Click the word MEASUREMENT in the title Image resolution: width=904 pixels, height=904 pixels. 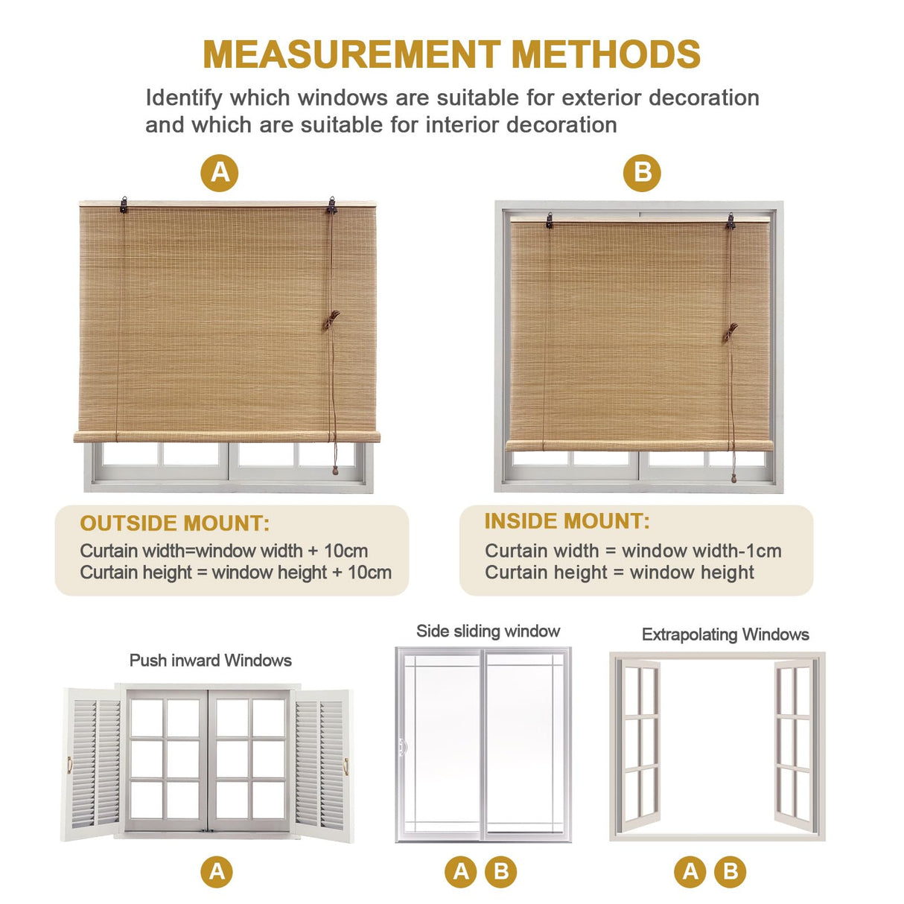(x=351, y=54)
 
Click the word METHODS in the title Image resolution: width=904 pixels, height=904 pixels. (x=605, y=54)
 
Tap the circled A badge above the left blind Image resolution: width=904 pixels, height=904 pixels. (x=220, y=173)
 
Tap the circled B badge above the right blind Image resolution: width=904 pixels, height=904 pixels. (x=642, y=173)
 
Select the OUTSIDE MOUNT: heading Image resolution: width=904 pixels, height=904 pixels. (x=174, y=523)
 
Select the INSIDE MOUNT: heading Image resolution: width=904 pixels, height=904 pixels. (x=567, y=521)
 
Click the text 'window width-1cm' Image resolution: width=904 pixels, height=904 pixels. (x=701, y=551)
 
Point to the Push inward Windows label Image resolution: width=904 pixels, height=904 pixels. (x=210, y=661)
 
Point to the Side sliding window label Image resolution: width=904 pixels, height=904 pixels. (x=488, y=631)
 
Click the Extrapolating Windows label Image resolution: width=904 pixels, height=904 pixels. (x=725, y=634)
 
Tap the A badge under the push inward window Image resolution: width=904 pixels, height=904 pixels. (x=217, y=871)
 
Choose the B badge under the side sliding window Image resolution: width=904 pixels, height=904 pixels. (x=501, y=871)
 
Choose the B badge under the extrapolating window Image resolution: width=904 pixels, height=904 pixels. (x=730, y=871)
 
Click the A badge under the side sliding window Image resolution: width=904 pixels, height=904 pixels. (x=461, y=871)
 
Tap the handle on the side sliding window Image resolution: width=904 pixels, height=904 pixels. (x=404, y=745)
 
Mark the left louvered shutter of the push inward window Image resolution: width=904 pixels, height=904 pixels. (x=93, y=763)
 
